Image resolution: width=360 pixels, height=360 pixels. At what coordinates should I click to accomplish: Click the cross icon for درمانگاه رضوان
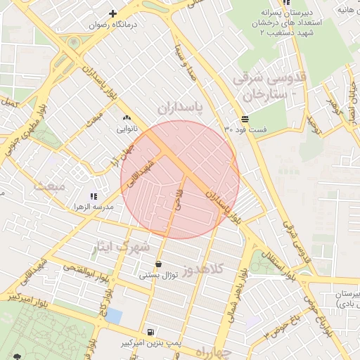[112, 13]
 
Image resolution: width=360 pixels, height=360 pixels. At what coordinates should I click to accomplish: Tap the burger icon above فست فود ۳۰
[244, 119]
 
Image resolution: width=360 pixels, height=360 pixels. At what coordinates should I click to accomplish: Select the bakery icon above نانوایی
[127, 118]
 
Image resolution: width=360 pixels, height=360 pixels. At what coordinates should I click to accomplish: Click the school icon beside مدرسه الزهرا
[94, 196]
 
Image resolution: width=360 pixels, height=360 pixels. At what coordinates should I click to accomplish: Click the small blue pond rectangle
[113, 316]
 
